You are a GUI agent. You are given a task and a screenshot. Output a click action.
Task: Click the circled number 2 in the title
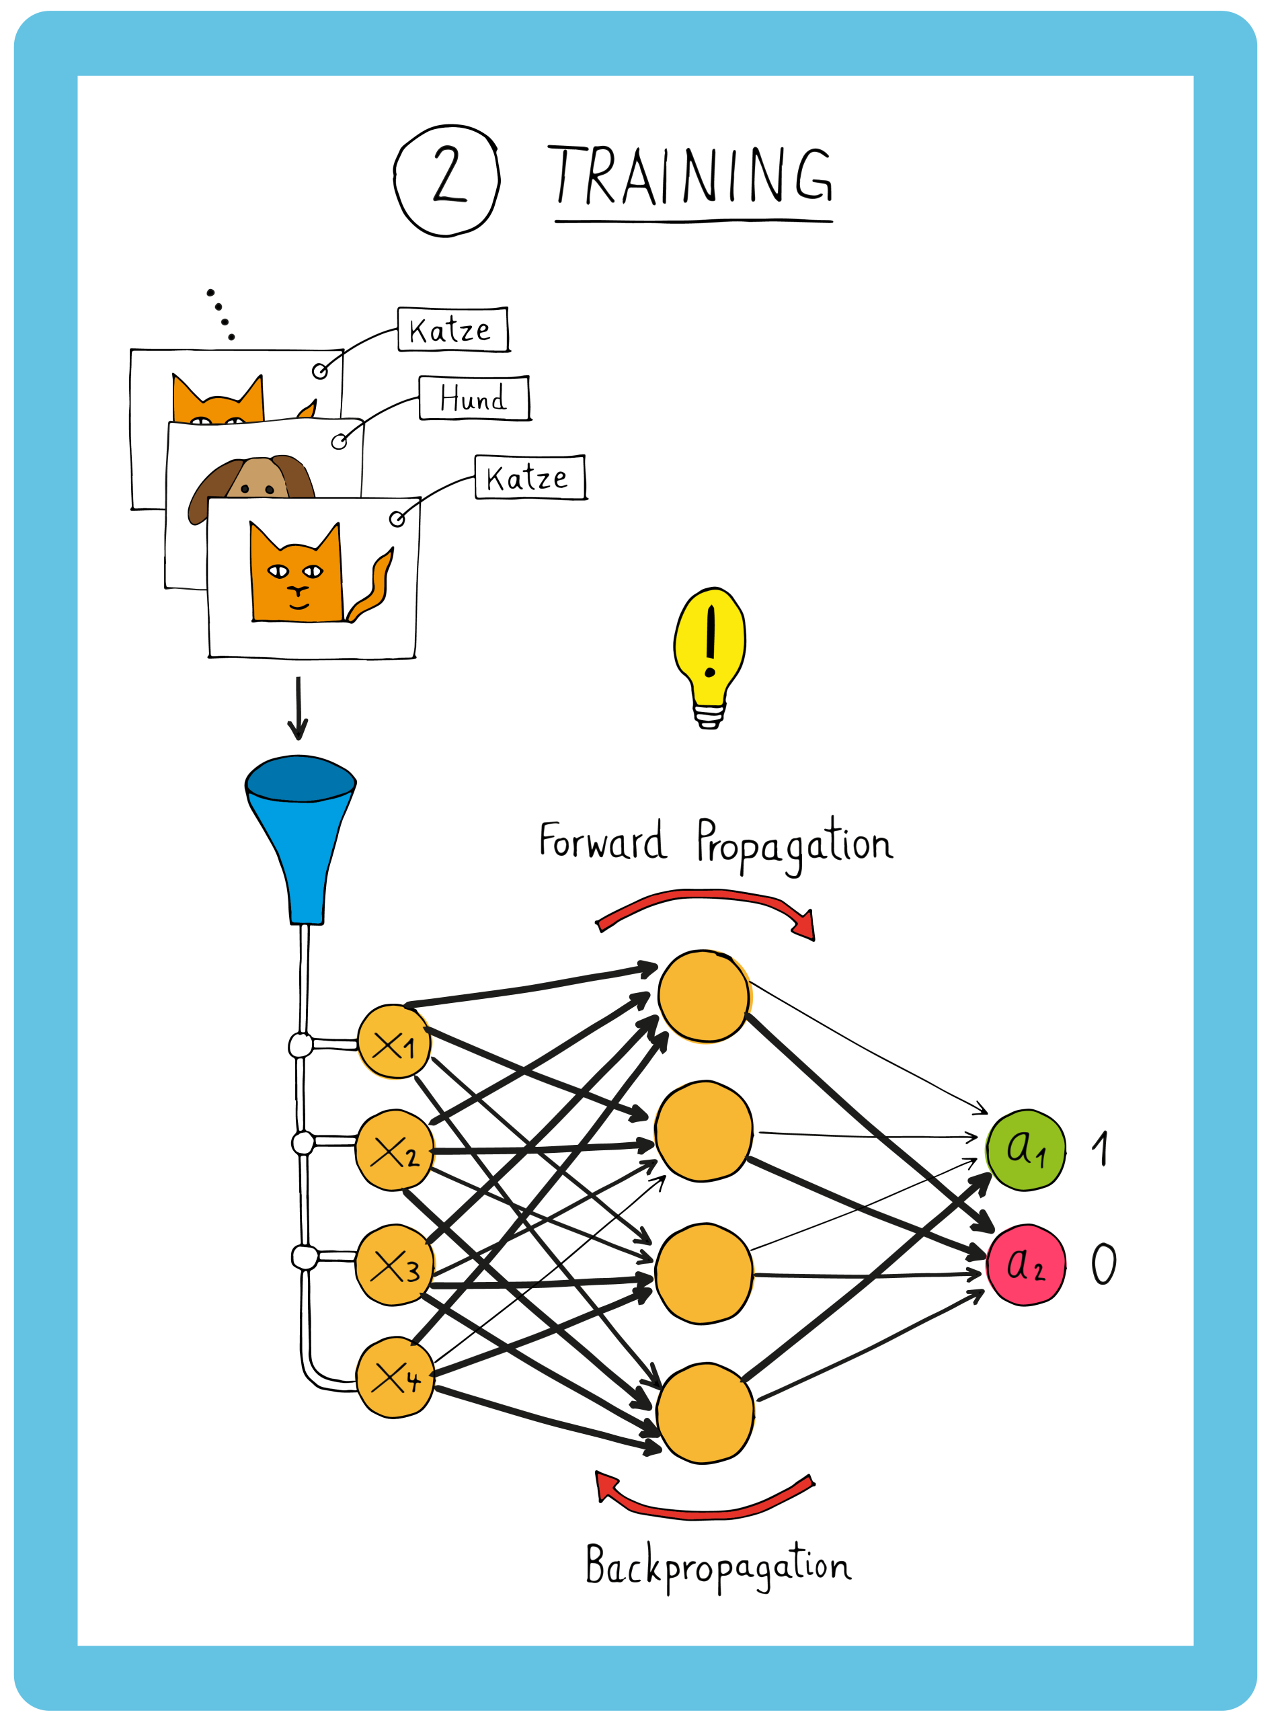pos(446,180)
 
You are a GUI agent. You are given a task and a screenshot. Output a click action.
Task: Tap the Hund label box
pos(475,398)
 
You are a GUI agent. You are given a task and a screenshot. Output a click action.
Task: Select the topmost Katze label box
pos(452,330)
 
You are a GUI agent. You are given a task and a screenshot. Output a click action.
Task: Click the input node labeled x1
pos(393,1042)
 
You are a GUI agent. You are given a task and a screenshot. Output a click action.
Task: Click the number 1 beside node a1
pos(1101,1148)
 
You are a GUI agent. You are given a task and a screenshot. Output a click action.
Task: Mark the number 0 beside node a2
pos(1104,1265)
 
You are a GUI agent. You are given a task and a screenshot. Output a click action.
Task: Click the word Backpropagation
pos(718,1566)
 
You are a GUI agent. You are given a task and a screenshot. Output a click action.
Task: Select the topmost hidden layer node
pos(703,996)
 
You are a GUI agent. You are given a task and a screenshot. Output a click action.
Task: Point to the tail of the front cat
pos(375,588)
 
